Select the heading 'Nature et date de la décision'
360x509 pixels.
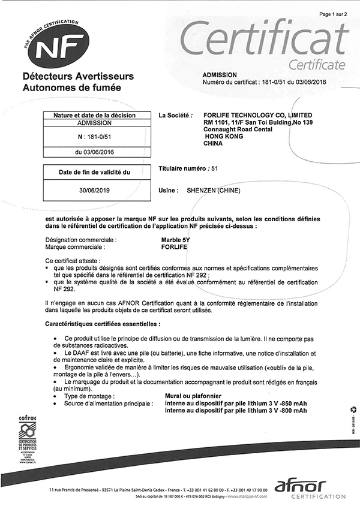point(95,115)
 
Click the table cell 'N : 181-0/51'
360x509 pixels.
point(95,137)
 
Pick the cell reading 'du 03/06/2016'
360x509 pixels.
point(95,152)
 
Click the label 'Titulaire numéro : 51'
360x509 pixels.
point(187,170)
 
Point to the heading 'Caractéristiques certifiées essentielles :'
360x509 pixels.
point(103,324)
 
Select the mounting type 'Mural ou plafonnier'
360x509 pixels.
point(193,396)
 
